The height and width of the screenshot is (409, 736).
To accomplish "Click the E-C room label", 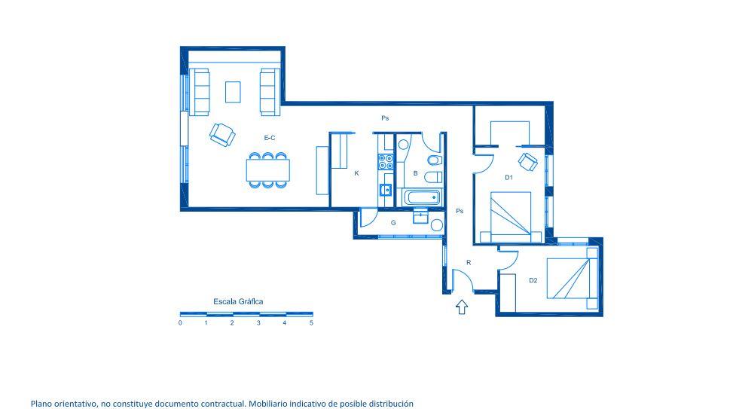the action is coord(270,138).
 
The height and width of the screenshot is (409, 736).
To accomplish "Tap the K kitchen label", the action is coord(357,173).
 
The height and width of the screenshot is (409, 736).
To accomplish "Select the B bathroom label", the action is coord(415,173).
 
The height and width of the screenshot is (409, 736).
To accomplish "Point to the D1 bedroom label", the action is coord(508,178).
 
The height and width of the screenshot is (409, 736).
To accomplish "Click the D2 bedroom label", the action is coord(533,280).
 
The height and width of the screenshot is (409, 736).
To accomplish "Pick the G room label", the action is coord(393,223).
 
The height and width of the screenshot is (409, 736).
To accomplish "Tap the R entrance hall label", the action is coord(469,262).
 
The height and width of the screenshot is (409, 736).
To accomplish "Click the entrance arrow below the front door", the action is coord(462,307).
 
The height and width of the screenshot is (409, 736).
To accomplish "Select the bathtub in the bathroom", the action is coord(422,197).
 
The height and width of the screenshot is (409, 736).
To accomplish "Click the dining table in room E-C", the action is coord(268,170).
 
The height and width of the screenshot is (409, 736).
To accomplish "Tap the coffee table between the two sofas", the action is coord(233,92).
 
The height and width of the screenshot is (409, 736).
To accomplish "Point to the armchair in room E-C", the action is coord(222,135).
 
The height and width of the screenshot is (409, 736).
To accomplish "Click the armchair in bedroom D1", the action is coord(528,162).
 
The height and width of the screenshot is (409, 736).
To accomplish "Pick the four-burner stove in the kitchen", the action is coord(386,161).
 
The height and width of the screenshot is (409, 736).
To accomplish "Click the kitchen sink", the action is coord(386,190).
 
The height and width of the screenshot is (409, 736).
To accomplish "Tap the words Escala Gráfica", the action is coord(238,301).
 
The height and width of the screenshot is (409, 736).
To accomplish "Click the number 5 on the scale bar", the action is coord(311,323).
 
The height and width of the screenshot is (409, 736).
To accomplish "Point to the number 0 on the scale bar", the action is coord(180,323).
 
